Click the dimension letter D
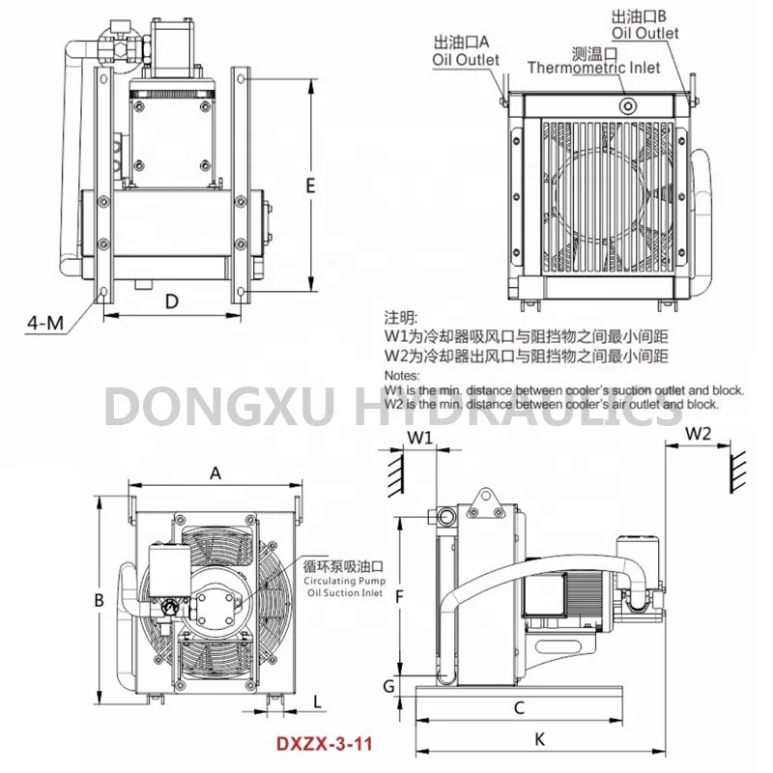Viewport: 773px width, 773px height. click(x=172, y=301)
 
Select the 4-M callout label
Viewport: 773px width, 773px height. click(x=43, y=323)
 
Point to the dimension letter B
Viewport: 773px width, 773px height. click(x=99, y=601)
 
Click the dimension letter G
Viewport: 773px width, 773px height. click(x=387, y=686)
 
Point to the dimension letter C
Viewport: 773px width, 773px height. click(x=519, y=707)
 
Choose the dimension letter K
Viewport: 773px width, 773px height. click(x=539, y=739)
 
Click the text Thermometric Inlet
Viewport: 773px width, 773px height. click(x=593, y=68)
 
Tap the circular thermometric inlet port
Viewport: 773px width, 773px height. click(x=628, y=104)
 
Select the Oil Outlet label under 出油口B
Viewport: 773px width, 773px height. click(x=644, y=33)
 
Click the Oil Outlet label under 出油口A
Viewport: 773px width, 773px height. click(x=465, y=59)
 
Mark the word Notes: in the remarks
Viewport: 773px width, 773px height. click(x=403, y=375)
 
